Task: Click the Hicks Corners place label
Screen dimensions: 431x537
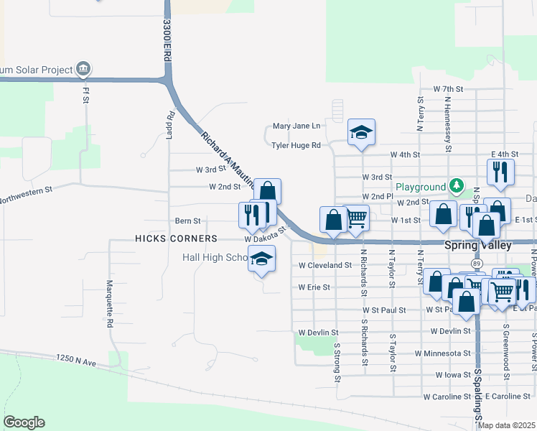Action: pyautogui.click(x=175, y=238)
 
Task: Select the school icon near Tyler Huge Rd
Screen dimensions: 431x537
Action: pyautogui.click(x=362, y=132)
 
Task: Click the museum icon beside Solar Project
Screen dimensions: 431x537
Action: pyautogui.click(x=84, y=69)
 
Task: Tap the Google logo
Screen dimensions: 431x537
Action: pyautogui.click(x=24, y=422)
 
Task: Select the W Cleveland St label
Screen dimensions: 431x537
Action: pyautogui.click(x=325, y=264)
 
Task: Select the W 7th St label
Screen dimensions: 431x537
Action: pyautogui.click(x=449, y=89)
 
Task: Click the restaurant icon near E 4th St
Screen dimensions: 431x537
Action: pyautogui.click(x=500, y=172)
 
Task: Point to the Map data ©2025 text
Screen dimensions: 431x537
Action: pyautogui.click(x=506, y=425)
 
